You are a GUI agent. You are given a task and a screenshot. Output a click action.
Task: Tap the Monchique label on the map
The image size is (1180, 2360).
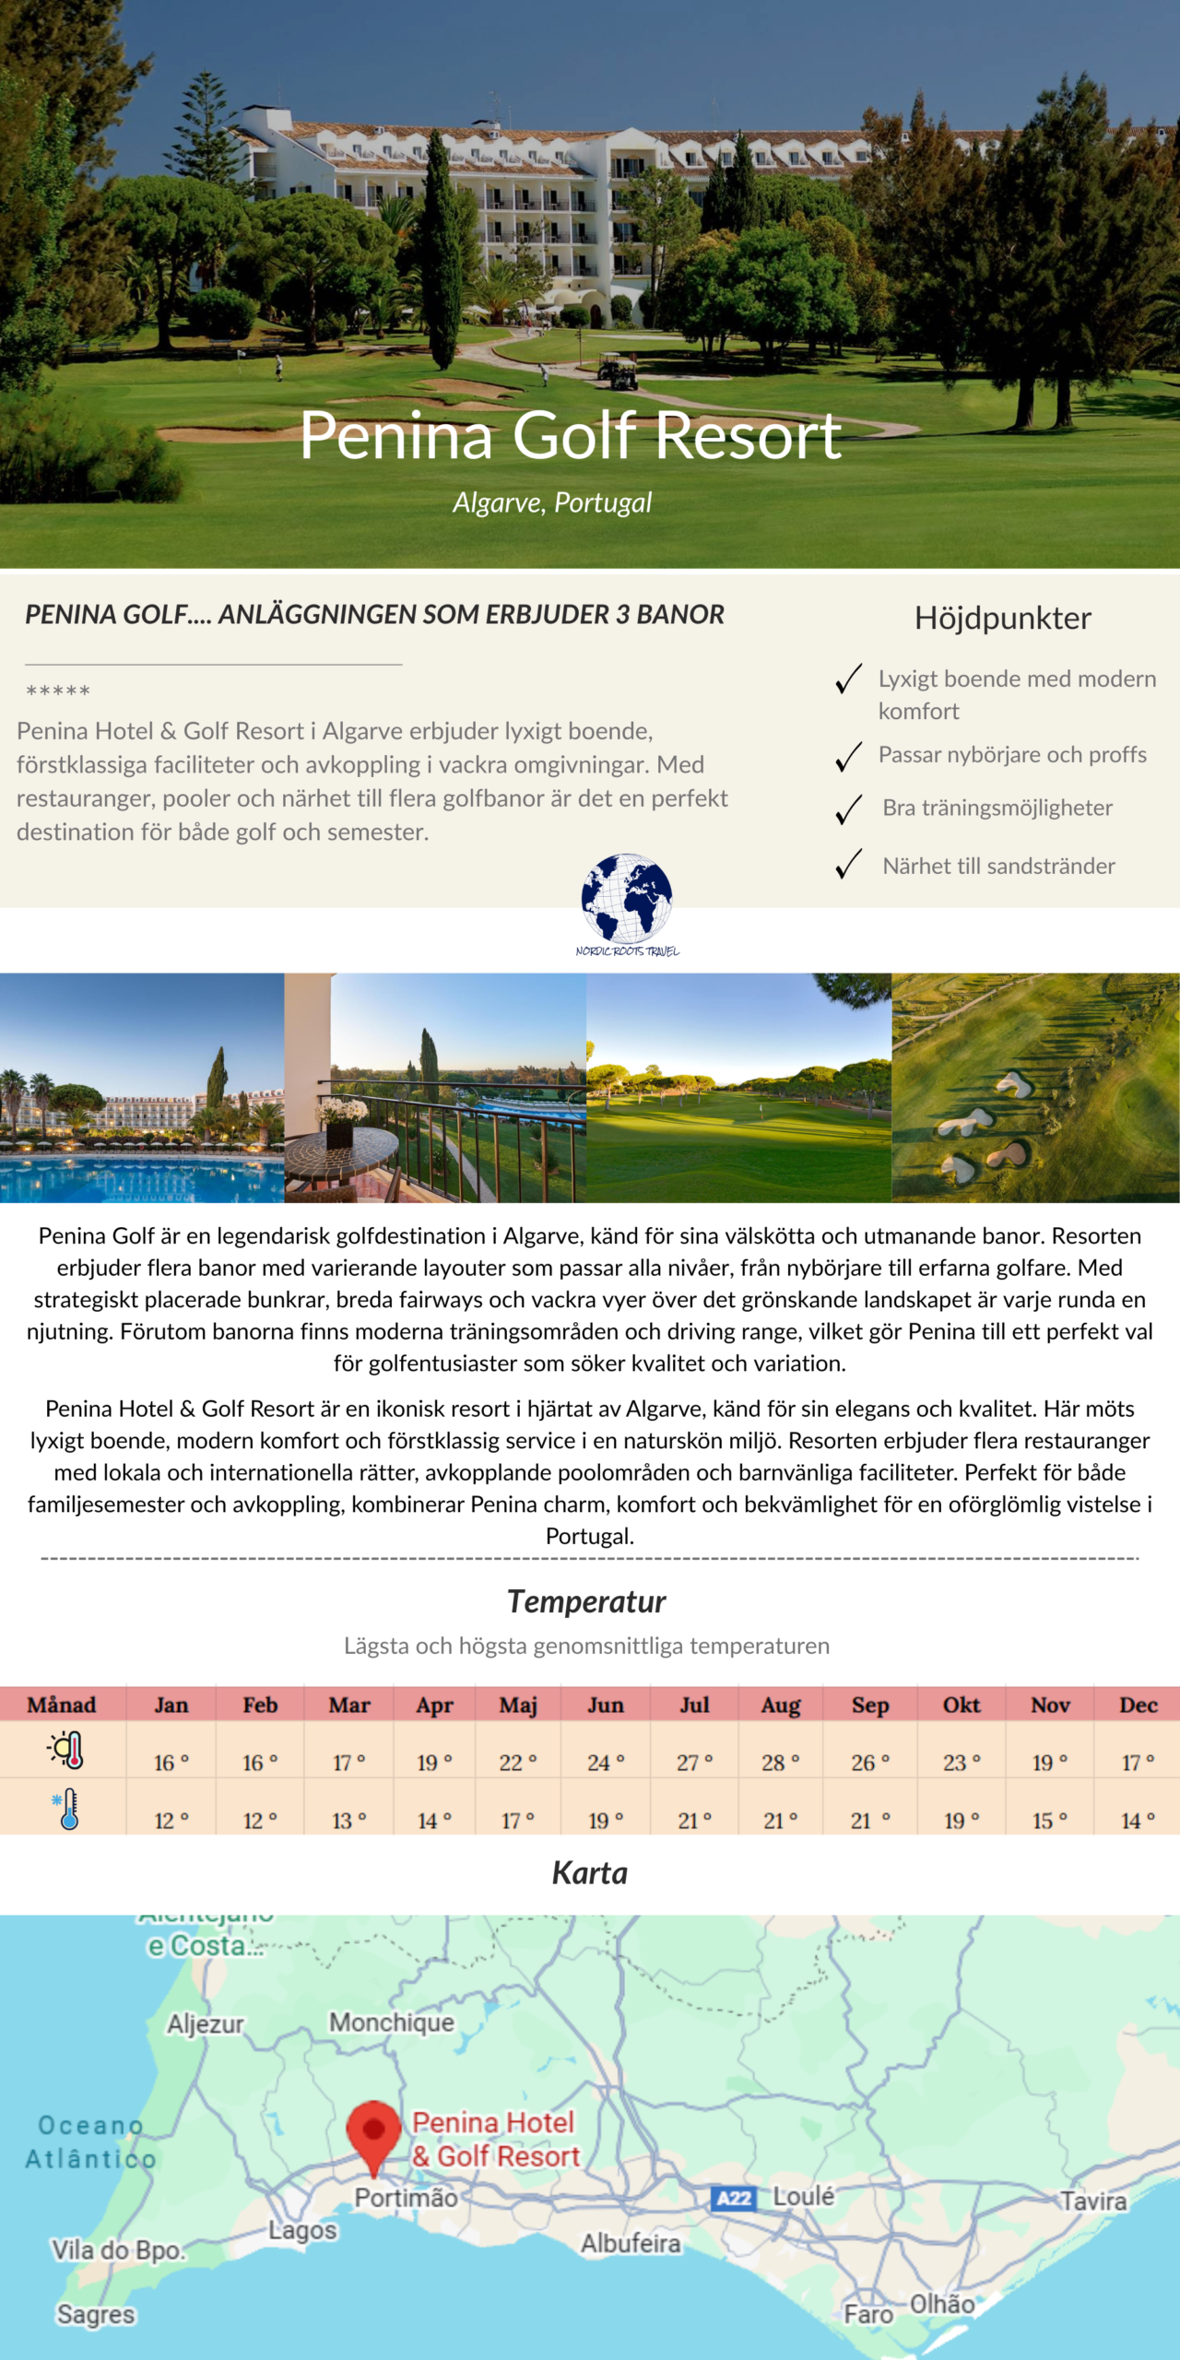[x=392, y=2022]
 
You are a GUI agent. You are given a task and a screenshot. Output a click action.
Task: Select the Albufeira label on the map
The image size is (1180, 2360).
[x=631, y=2242]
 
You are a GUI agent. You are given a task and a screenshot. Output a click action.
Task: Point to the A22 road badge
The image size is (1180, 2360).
[x=734, y=2198]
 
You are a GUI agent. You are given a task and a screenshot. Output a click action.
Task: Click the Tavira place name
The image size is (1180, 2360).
[x=1093, y=2201]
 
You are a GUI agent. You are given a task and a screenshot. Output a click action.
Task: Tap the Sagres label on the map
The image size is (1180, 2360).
[x=96, y=2314]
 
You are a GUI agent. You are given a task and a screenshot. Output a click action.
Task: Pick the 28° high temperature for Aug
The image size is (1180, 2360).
[x=779, y=1763]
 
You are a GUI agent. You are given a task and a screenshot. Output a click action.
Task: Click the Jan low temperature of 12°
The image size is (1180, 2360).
[x=171, y=1821]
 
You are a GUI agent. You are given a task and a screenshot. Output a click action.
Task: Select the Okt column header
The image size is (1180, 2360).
[x=961, y=1705]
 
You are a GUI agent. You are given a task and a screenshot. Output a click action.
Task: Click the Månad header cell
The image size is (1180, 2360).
[x=62, y=1705]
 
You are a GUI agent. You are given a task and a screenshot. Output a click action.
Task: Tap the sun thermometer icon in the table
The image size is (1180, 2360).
[x=66, y=1750]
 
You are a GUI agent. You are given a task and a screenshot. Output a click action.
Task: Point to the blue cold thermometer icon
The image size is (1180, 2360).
[x=66, y=1809]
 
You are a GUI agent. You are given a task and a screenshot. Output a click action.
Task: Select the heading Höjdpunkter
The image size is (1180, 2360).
[x=1002, y=619]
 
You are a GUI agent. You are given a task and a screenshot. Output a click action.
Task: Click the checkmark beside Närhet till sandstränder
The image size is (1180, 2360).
[x=848, y=864]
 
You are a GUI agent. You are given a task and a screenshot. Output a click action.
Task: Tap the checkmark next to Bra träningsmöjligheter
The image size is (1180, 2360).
[x=848, y=808]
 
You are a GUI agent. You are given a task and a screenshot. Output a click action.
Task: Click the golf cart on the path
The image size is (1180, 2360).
[x=618, y=371]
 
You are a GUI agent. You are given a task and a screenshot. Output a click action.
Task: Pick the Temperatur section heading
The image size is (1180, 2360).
[x=586, y=1602]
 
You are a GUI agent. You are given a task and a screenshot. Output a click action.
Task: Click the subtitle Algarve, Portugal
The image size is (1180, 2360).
[x=551, y=502]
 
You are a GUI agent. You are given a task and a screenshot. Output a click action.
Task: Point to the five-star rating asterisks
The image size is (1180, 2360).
[x=58, y=690]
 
